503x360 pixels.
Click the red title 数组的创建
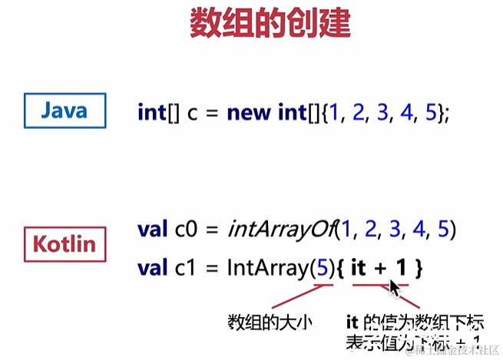pos(270,24)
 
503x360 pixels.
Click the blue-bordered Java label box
pos(64,111)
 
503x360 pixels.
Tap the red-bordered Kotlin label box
pos(64,245)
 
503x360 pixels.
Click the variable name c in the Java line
pos(193,113)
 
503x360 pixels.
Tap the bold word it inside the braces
pos(359,268)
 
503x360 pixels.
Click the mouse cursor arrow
pos(394,288)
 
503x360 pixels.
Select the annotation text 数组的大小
pos(270,321)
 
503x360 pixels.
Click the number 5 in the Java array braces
pos(431,113)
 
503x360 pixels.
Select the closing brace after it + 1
pos(419,268)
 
